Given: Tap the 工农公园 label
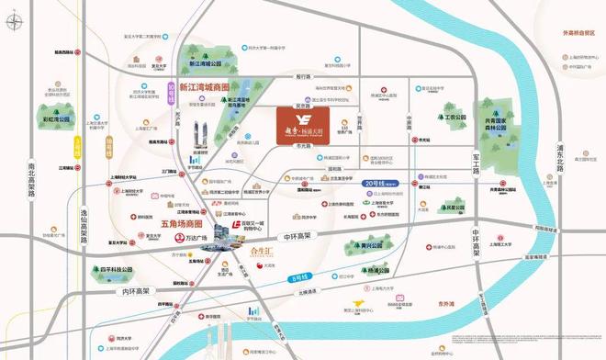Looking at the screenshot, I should [x=452, y=118].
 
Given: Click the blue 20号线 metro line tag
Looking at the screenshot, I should [x=377, y=182].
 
